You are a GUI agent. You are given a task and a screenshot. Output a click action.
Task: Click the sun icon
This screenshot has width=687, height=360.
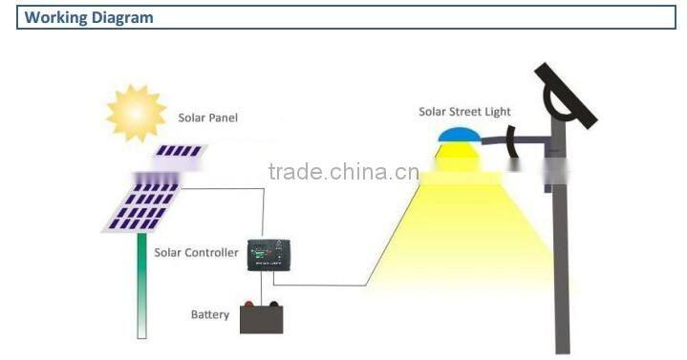(x=135, y=113)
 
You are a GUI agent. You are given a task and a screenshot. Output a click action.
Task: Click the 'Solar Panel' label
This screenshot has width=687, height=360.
(x=207, y=117)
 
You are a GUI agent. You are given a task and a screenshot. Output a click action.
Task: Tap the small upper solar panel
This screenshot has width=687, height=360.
(x=180, y=151)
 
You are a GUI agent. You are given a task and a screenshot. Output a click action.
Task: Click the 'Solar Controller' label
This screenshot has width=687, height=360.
(x=196, y=253)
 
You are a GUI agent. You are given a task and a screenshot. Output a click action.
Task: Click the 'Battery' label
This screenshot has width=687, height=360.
(x=209, y=314)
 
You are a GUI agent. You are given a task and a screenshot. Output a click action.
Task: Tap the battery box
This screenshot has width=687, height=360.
(x=261, y=318)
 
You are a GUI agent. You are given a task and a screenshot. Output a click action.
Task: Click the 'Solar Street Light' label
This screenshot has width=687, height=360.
(x=464, y=112)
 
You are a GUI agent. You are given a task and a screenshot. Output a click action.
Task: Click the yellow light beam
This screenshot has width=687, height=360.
(x=468, y=229)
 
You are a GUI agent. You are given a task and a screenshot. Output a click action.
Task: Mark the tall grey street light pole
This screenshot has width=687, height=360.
(x=563, y=267)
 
